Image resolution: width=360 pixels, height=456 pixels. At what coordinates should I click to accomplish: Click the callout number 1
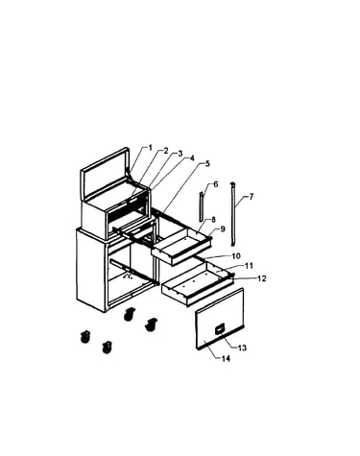(150, 148)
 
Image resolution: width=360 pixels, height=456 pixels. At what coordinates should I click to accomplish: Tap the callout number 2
(166, 151)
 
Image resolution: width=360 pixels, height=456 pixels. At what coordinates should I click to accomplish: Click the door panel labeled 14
(220, 319)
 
